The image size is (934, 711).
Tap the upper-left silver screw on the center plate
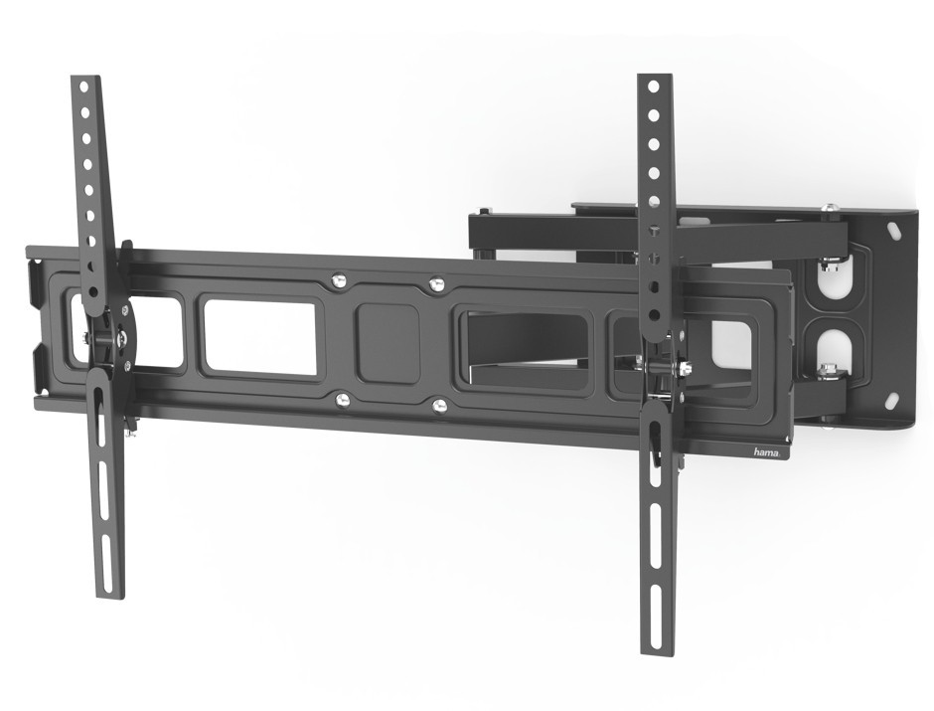point(339,277)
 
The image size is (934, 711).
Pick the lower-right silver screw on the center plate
point(439,406)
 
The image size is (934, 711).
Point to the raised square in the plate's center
point(388,343)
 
